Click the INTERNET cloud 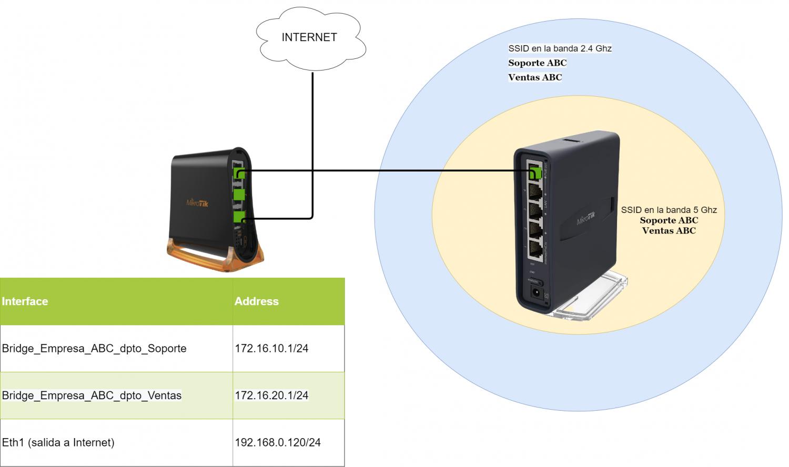309,38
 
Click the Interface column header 25,301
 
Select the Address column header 257,301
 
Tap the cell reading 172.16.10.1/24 271,348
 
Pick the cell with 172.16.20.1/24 271,395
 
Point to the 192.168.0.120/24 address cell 278,442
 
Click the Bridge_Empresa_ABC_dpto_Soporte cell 94,348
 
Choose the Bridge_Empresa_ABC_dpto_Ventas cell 92,395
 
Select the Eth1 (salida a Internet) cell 58,442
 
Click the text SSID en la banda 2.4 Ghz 560,48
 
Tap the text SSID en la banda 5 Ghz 669,210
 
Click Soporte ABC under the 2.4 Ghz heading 537,63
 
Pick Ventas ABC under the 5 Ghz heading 669,230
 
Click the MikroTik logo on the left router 197,202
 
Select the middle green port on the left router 239,195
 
